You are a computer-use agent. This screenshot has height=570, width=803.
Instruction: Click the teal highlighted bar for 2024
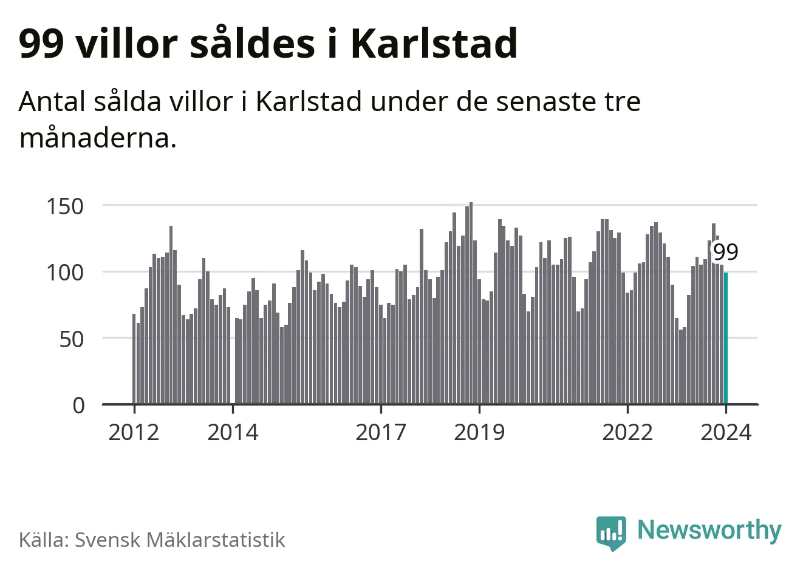point(726,338)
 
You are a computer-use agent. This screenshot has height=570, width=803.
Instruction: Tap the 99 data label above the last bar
point(725,252)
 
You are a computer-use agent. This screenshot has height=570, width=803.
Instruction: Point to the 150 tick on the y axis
point(65,206)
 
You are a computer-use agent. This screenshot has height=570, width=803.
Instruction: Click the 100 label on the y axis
point(65,273)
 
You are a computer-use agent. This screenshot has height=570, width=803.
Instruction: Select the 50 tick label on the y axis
point(72,339)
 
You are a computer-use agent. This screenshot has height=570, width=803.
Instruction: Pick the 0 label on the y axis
point(79,405)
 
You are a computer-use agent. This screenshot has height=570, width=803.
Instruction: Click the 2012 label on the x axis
point(134,433)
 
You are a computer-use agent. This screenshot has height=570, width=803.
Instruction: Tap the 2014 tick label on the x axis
point(233,433)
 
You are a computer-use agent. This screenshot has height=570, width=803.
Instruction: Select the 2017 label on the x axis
point(381,433)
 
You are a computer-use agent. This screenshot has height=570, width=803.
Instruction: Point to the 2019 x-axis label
point(479,433)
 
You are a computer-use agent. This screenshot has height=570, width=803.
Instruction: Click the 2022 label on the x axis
point(627,433)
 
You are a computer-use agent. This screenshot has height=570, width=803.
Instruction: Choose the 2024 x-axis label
point(726,433)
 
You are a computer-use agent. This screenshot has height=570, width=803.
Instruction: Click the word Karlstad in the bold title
point(434,44)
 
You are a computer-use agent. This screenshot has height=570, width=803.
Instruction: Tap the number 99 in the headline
point(41,44)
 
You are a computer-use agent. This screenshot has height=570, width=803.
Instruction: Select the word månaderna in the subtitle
point(98,138)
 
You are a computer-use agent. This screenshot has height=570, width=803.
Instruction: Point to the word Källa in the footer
point(43,540)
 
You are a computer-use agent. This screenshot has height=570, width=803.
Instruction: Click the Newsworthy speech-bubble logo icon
point(610,532)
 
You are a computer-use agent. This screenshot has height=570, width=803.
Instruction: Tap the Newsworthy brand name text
point(709,530)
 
